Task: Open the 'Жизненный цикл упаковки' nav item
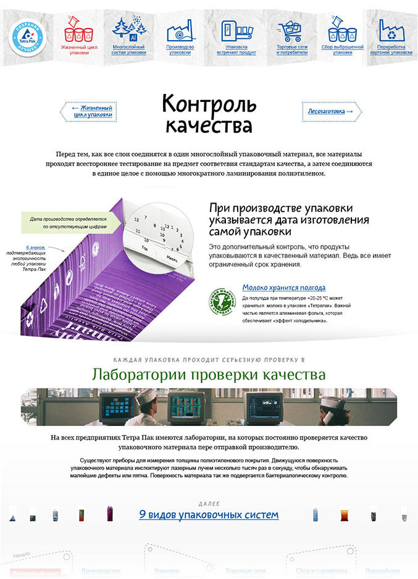tap(79, 49)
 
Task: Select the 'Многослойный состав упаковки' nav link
tap(129, 49)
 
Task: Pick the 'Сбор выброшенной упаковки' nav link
tap(342, 49)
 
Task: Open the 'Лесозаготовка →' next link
tap(331, 111)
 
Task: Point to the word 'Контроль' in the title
tap(207, 103)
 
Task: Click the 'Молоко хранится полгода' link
tap(283, 288)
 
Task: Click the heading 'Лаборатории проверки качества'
tap(209, 374)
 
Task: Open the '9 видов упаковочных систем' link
tap(209, 514)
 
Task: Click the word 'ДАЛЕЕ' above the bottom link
tap(209, 504)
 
